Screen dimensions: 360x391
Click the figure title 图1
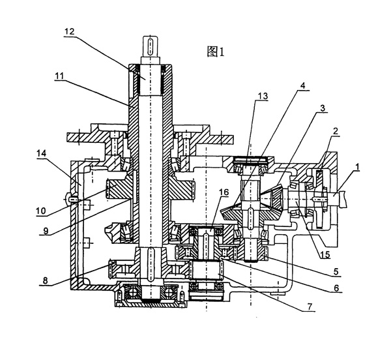tap(216, 53)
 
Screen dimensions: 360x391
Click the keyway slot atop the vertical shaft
tap(149, 46)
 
